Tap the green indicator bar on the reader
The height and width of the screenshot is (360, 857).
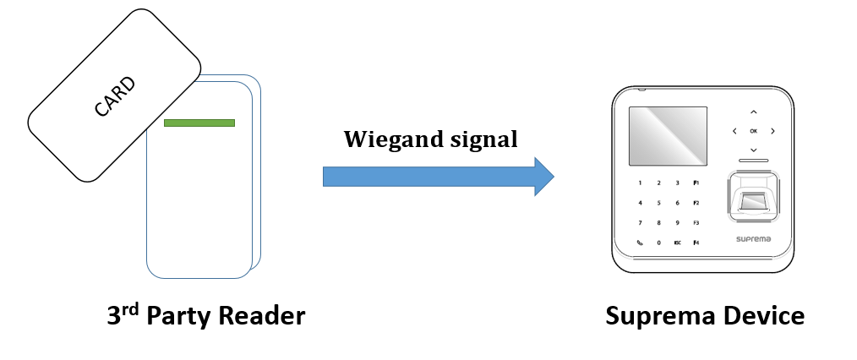click(199, 123)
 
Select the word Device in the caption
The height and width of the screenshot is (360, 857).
click(759, 316)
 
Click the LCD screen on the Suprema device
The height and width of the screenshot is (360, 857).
click(669, 135)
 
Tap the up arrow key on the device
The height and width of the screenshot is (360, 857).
click(753, 112)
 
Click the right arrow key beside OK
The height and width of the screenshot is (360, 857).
click(772, 131)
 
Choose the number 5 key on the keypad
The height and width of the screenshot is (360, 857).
click(659, 203)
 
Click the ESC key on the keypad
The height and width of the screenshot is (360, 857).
click(678, 243)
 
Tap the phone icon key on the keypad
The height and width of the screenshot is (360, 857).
click(640, 243)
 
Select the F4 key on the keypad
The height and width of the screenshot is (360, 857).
click(696, 243)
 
